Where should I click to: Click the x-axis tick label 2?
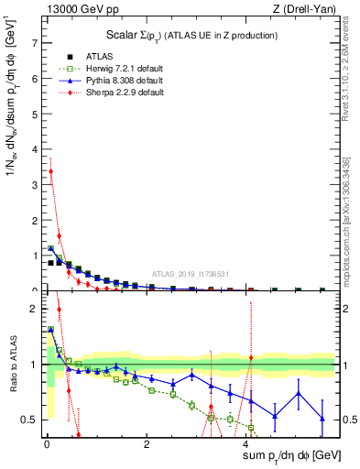coord(147,445)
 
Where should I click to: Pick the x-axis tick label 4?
coord(249,445)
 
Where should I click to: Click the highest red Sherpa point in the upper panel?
coord(50,171)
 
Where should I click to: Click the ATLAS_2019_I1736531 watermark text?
coord(191,275)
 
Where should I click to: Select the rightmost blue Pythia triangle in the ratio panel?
coord(322,419)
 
